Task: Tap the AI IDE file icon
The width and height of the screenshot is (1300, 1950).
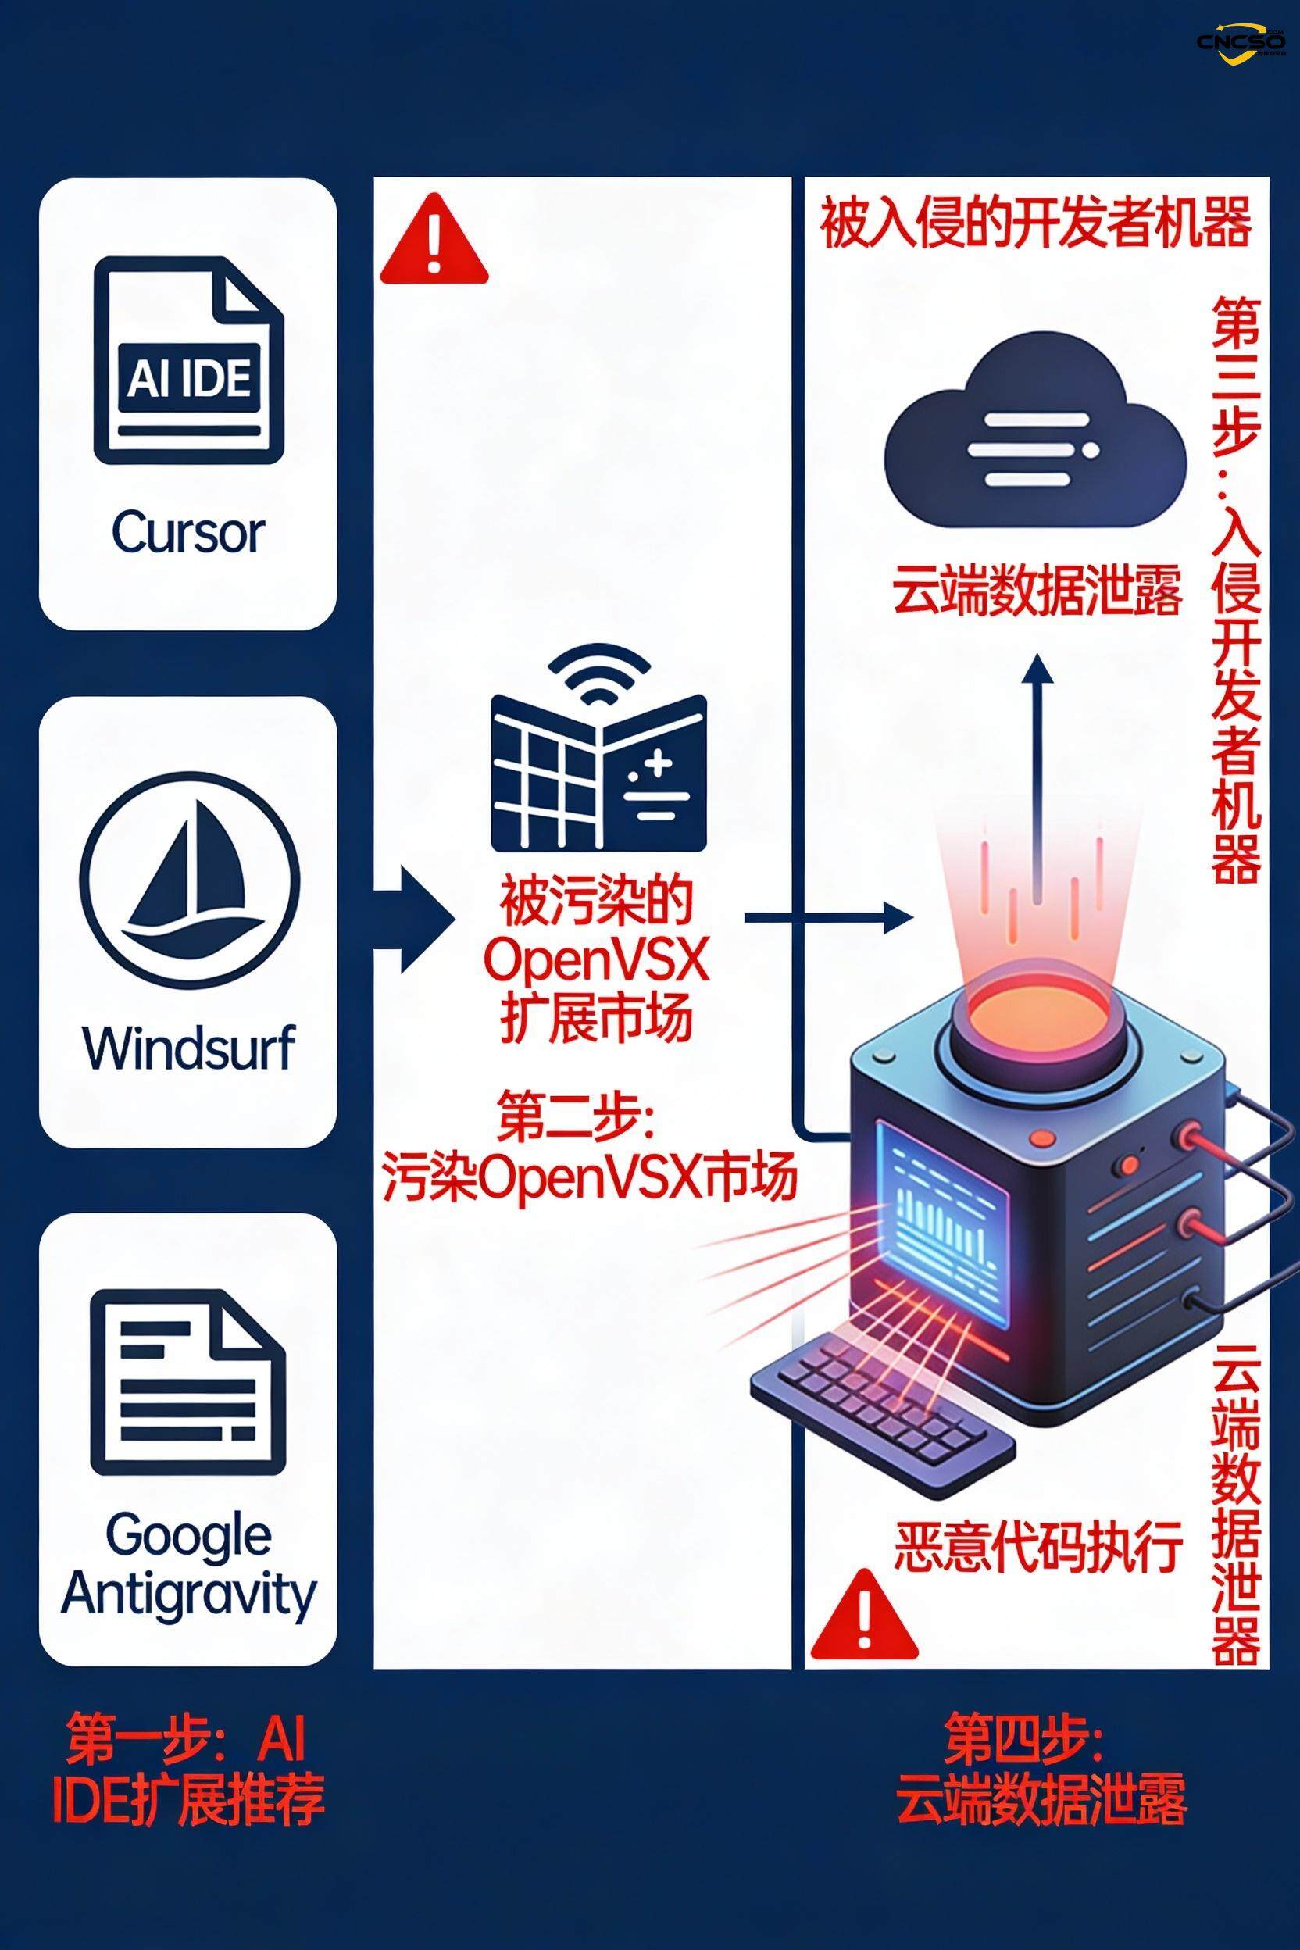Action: [188, 361]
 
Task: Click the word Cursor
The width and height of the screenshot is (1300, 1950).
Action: [188, 532]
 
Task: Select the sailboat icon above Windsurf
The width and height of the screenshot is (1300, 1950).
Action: [189, 879]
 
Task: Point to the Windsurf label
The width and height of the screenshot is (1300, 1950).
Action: [188, 1048]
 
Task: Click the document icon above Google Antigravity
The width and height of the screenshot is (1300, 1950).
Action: [188, 1381]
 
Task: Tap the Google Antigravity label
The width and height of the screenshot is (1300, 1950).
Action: [188, 1566]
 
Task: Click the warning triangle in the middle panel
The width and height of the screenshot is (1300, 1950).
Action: [434, 241]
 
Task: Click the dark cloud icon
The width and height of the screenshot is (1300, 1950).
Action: [1037, 431]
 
